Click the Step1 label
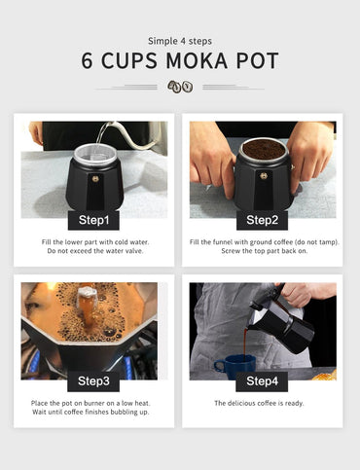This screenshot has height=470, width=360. (x=93, y=220)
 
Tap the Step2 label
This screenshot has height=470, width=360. (x=262, y=220)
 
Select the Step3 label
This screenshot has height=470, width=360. (x=93, y=381)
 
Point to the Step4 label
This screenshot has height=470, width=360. (x=262, y=381)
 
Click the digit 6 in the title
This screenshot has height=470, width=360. (x=87, y=60)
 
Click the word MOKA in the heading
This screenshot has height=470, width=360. (x=197, y=60)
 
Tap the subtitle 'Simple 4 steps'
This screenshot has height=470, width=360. (x=180, y=41)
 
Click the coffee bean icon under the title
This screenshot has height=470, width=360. (x=180, y=87)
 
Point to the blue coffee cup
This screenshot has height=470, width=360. (x=235, y=367)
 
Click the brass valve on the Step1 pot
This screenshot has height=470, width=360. (x=95, y=179)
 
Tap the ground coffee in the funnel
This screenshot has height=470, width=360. (x=264, y=149)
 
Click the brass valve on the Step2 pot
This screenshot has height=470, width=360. (x=264, y=176)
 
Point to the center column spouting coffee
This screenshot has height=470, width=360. (x=87, y=304)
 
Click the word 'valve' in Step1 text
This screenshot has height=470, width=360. (x=133, y=251)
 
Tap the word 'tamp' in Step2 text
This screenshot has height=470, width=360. (x=328, y=242)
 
